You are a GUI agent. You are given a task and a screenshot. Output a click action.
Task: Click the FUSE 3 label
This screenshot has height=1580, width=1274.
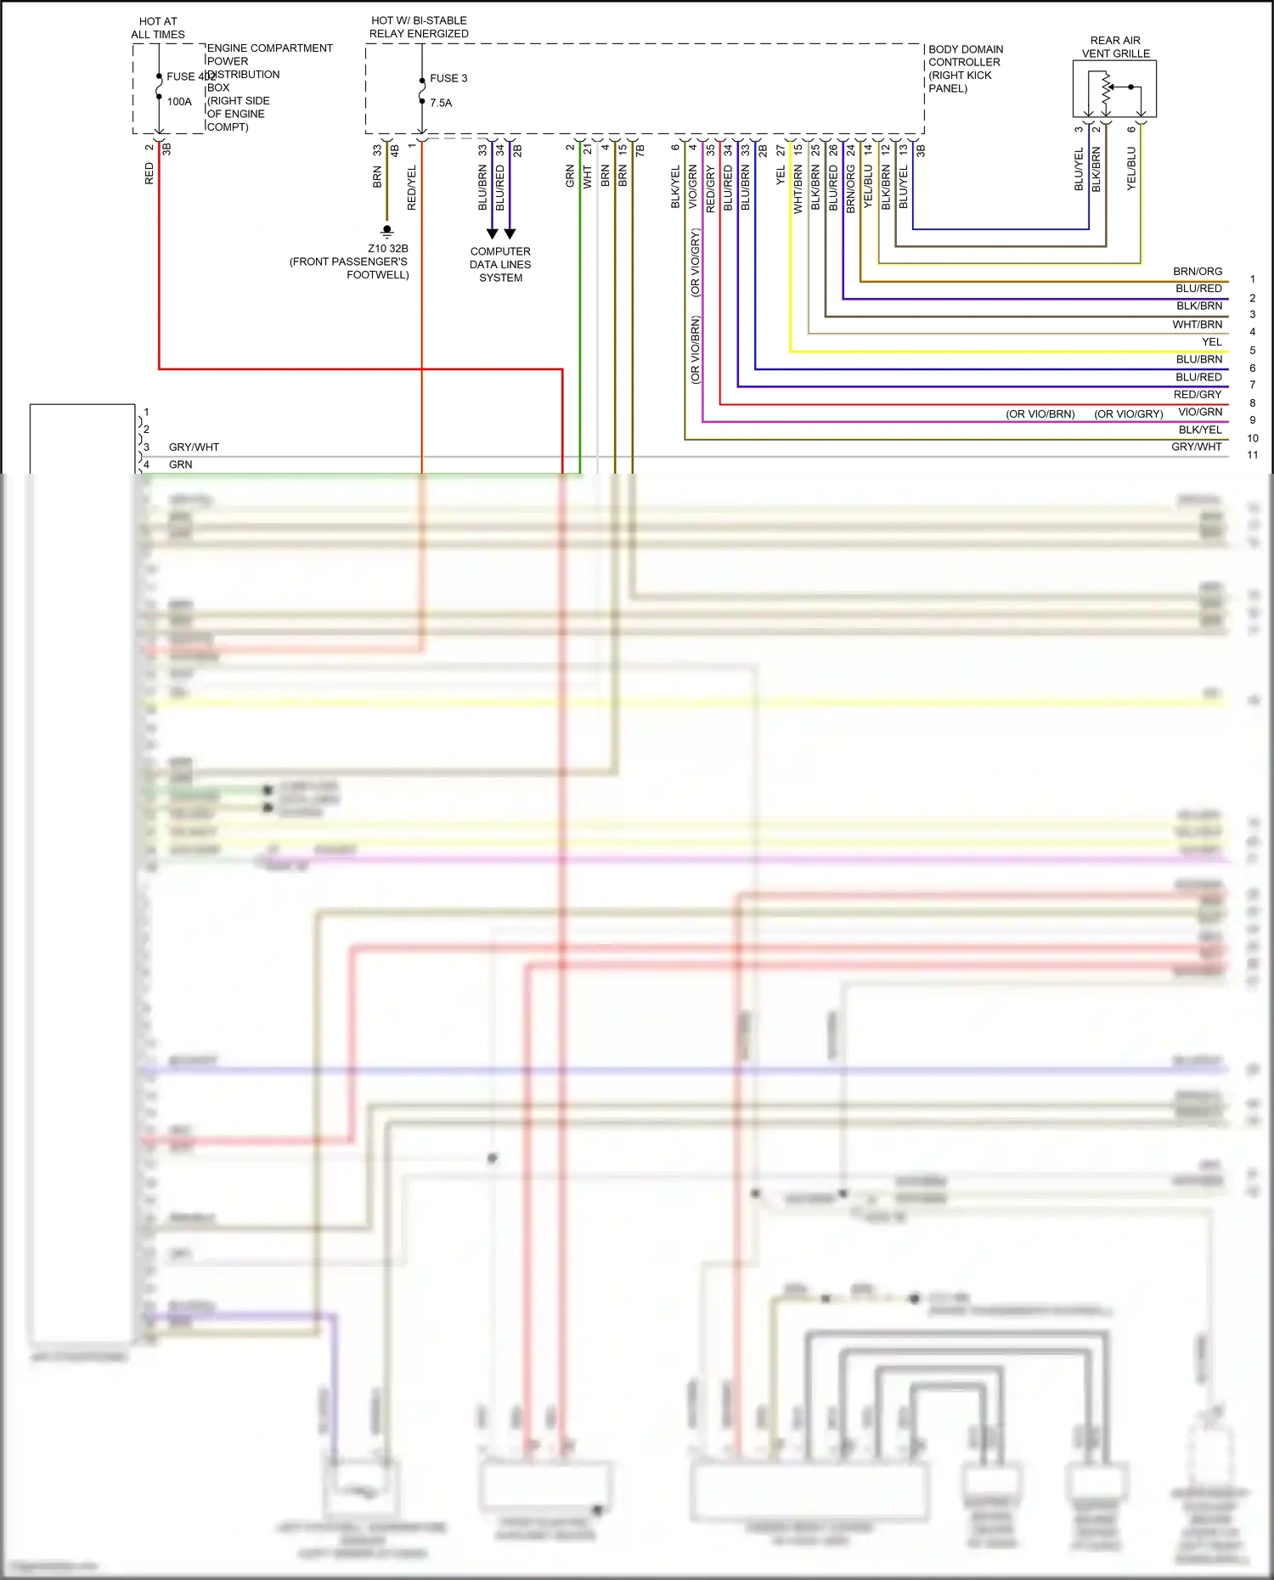click(448, 78)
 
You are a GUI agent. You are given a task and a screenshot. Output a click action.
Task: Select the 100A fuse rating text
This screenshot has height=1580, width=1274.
click(179, 102)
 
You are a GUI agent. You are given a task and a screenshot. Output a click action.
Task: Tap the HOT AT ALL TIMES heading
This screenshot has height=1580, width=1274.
click(158, 28)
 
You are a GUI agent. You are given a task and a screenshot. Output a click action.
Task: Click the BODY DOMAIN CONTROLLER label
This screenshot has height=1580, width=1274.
click(965, 56)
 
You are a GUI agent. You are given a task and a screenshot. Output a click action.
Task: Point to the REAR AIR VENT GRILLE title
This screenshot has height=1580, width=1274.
click(1115, 47)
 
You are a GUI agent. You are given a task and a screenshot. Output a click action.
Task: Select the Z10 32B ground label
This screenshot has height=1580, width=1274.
click(387, 249)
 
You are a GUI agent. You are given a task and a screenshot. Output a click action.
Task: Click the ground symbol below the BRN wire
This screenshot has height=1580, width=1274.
click(387, 231)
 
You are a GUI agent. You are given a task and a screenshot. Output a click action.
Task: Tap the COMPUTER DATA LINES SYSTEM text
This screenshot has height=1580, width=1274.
click(500, 264)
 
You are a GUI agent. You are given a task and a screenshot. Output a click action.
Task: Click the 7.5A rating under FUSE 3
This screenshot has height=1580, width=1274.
click(441, 103)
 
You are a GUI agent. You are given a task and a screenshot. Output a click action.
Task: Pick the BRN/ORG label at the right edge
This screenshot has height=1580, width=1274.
click(1198, 272)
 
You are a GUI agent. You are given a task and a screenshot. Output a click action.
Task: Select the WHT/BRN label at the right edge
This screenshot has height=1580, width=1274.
click(1198, 324)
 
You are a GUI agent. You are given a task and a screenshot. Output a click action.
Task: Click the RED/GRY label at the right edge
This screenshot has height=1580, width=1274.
click(1198, 395)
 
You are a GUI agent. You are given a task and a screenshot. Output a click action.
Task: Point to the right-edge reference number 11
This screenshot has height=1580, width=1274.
click(1252, 455)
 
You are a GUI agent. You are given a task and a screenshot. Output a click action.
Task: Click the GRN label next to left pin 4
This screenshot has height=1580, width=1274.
click(180, 464)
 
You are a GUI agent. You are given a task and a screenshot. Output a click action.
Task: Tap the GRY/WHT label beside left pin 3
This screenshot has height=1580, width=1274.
click(194, 447)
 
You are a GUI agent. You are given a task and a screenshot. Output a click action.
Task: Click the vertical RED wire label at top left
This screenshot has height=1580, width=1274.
click(149, 174)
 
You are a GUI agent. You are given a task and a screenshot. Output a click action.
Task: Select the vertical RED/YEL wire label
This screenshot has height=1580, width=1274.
click(412, 188)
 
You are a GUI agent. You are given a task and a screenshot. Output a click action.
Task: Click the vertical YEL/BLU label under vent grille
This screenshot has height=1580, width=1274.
click(1131, 168)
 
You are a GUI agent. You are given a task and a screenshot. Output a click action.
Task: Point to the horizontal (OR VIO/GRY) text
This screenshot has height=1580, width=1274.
click(1128, 414)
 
